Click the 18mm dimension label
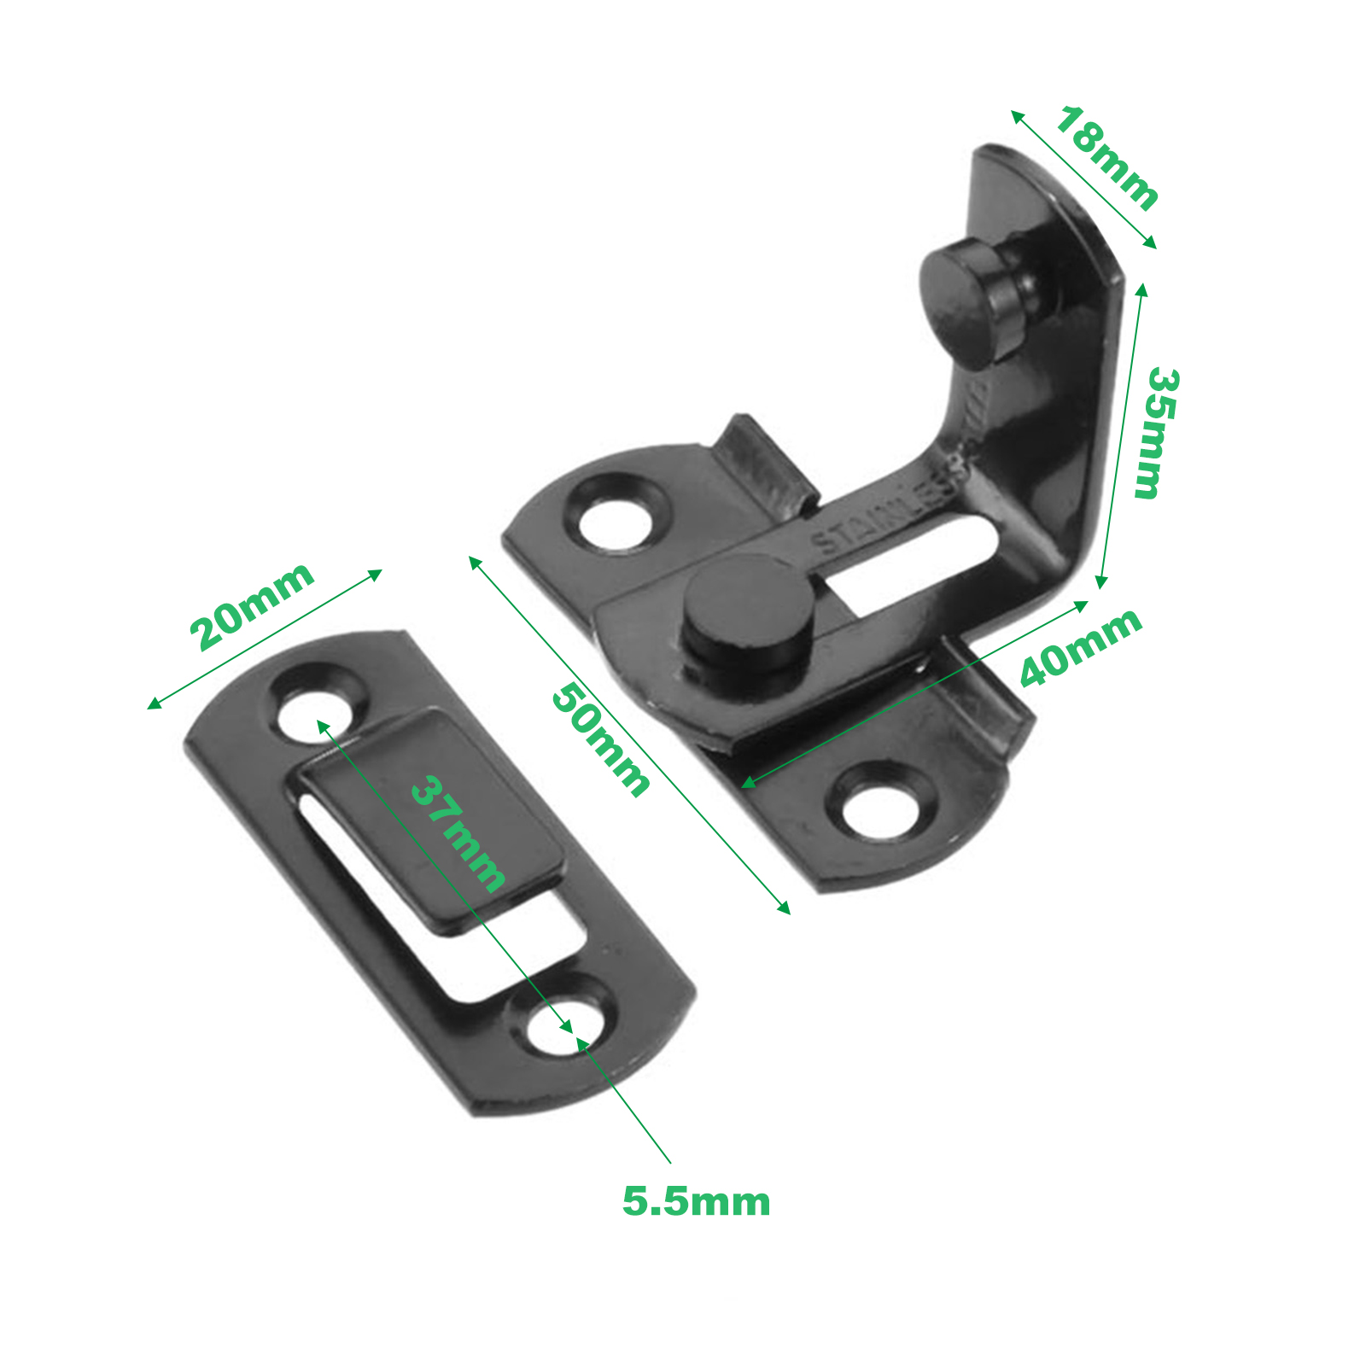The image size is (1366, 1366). click(x=1106, y=159)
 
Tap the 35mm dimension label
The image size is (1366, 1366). click(x=1156, y=434)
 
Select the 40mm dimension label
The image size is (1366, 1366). click(x=1081, y=646)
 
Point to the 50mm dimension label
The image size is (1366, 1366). click(x=600, y=740)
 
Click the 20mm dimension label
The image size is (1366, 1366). click(x=252, y=606)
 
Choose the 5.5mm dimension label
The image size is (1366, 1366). click(x=696, y=1201)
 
